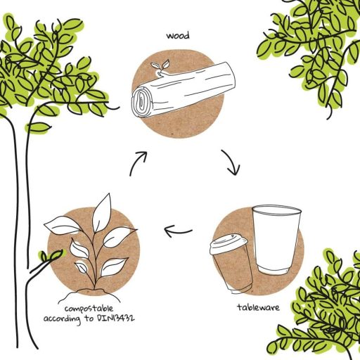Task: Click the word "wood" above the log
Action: pos(179,34)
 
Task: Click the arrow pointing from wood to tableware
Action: pos(231,161)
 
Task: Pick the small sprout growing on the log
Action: pos(162,66)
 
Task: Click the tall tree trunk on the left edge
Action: pos(15,211)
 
